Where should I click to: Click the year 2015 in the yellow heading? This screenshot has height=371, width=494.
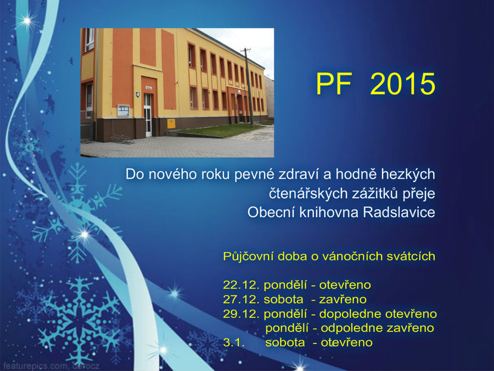(x=403, y=84)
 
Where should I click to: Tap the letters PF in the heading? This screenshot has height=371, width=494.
(x=334, y=84)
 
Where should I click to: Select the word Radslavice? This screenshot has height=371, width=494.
(x=399, y=212)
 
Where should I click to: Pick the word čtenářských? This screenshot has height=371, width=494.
(x=306, y=193)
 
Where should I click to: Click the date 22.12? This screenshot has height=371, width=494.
(x=242, y=285)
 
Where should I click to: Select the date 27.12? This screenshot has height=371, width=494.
(x=242, y=299)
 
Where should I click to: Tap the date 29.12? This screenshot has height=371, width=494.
(x=242, y=314)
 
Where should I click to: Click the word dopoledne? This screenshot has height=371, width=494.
(x=350, y=314)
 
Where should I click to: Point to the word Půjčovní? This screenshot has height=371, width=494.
(x=248, y=257)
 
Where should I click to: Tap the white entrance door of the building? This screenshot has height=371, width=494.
(x=148, y=115)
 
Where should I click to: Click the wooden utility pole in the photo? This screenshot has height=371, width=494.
(x=249, y=87)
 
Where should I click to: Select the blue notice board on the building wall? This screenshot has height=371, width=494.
(x=123, y=110)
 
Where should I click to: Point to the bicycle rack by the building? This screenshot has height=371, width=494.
(x=122, y=139)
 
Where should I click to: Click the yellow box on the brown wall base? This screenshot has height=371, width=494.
(x=171, y=123)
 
